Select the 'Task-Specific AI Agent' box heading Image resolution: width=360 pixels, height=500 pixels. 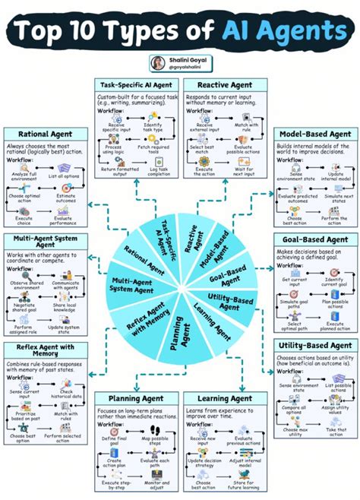(137, 84)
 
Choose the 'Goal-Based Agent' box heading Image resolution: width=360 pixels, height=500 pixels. (315, 239)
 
